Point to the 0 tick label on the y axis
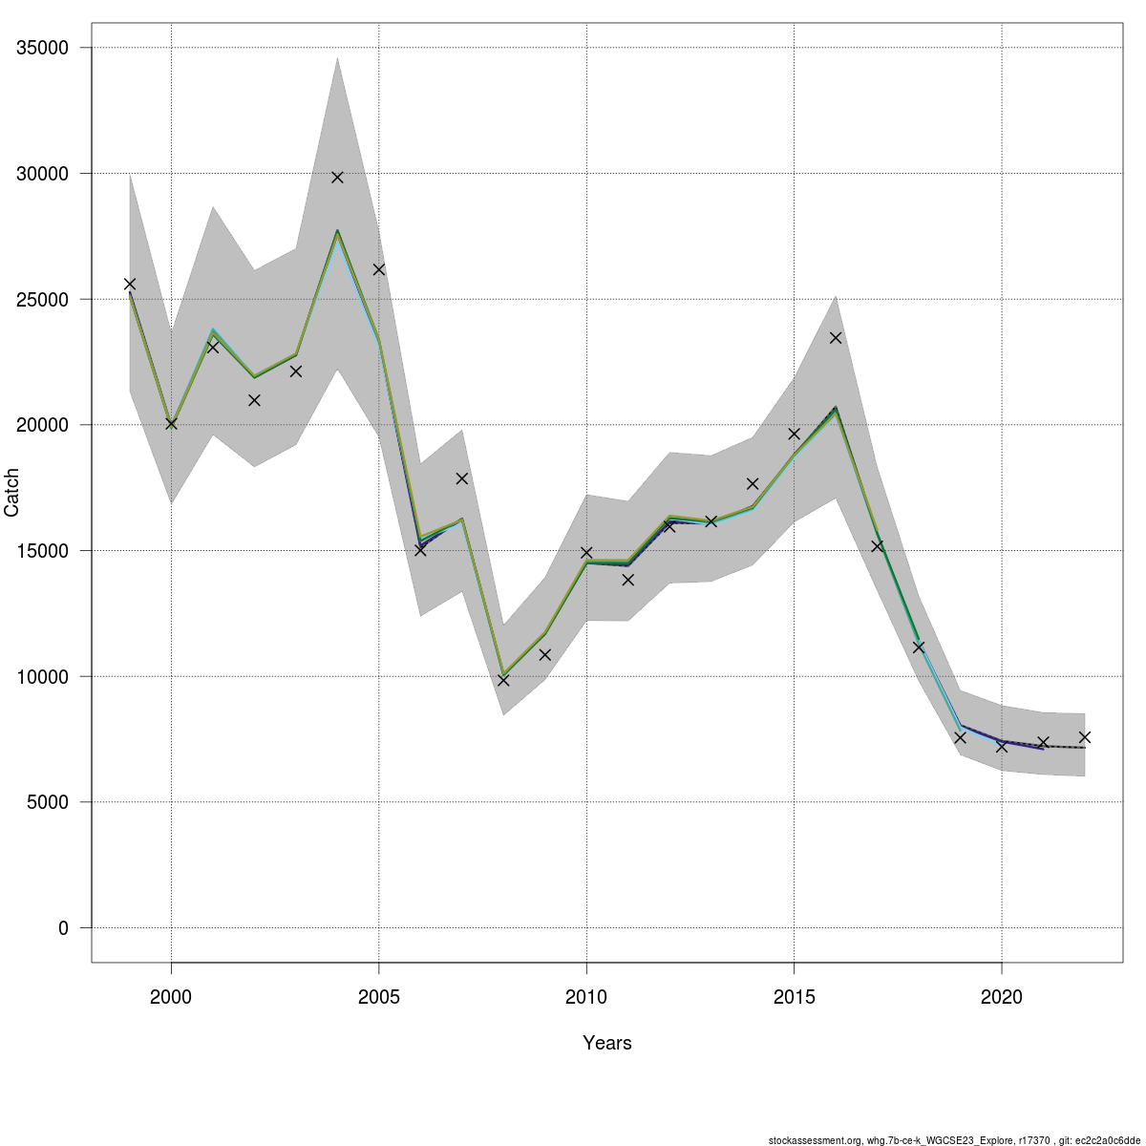pos(63,928)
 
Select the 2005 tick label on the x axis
pos(379,998)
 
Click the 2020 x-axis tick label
pos(1002,998)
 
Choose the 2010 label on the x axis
pos(586,998)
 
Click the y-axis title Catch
pos(12,493)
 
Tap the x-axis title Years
pos(607,1043)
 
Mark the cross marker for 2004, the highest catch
pos(337,178)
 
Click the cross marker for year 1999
pos(130,284)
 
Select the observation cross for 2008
pos(503,680)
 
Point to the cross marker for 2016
pos(836,337)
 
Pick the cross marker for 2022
pos(1085,737)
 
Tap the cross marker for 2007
pos(462,478)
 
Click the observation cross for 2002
pos(254,400)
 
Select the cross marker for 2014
pos(753,484)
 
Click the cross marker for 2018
pos(919,647)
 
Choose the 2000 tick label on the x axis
pos(171,998)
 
